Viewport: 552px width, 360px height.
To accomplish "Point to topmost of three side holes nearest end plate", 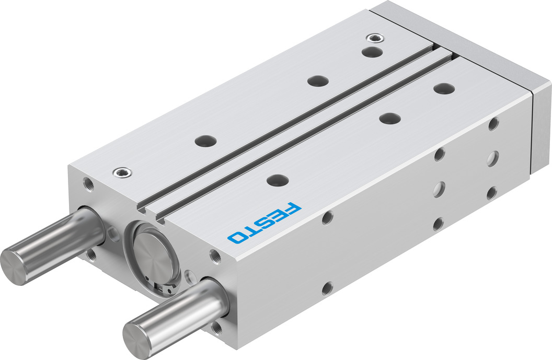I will (x=492, y=124).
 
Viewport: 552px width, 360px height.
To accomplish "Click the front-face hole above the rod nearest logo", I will (x=215, y=256).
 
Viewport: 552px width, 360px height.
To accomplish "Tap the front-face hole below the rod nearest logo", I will (x=216, y=328).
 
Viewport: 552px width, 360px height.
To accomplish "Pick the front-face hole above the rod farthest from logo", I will (x=87, y=184).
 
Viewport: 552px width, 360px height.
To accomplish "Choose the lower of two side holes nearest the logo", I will (x=327, y=287).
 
